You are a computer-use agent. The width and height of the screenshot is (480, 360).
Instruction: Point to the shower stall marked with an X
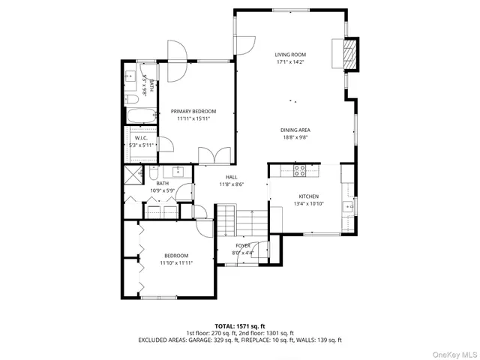click(x=133, y=175)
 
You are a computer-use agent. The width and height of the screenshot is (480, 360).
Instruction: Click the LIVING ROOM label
click(x=290, y=55)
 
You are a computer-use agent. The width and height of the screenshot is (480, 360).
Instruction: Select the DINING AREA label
click(x=295, y=130)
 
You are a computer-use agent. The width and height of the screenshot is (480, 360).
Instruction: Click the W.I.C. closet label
click(x=140, y=138)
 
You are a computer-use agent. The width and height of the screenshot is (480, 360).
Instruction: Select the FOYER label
click(x=243, y=245)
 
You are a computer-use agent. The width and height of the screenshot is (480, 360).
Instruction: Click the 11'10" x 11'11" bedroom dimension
click(x=177, y=263)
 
